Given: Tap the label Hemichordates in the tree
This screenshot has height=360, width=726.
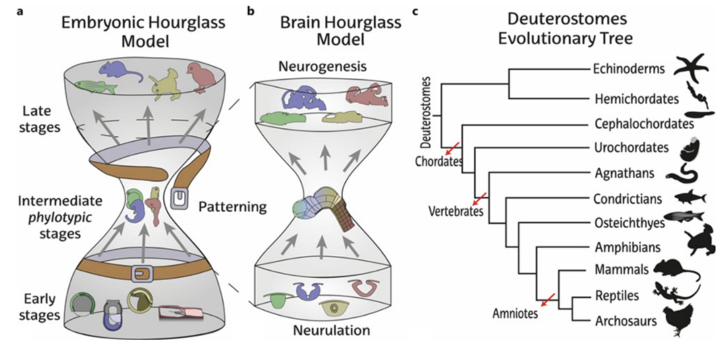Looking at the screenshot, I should (x=637, y=99).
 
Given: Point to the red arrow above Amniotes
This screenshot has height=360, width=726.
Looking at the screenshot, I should (x=548, y=300).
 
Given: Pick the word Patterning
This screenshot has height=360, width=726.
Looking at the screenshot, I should (x=232, y=207).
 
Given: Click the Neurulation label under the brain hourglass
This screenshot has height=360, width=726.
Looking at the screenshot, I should (x=331, y=330).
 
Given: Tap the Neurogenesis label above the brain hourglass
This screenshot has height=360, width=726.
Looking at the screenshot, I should (x=322, y=66).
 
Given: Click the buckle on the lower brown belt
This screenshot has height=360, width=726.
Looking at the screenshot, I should (x=142, y=274).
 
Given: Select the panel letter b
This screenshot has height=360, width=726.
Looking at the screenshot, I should (x=251, y=11).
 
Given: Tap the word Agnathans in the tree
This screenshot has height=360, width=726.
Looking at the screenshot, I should (x=624, y=174).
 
